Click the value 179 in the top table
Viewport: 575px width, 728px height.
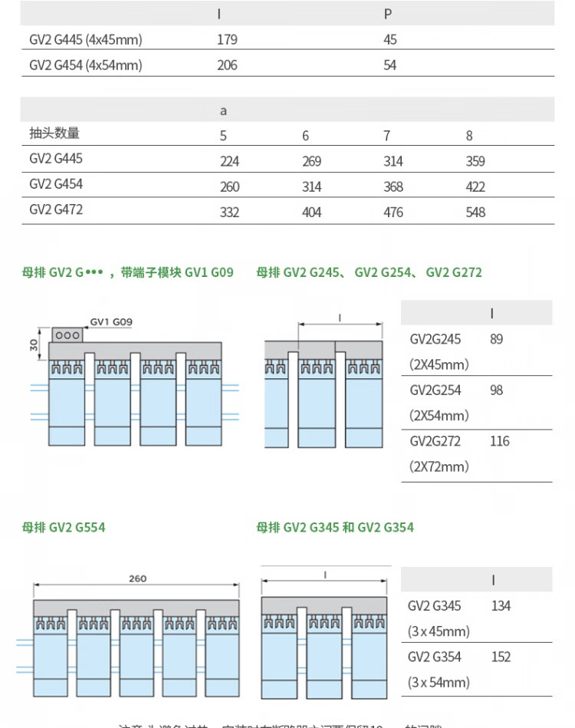tap(227, 40)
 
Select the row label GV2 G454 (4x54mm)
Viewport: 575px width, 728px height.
tap(86, 65)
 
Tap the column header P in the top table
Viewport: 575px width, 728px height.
tap(388, 14)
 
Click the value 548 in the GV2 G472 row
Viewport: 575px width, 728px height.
tap(475, 212)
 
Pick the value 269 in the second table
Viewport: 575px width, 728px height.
tap(311, 162)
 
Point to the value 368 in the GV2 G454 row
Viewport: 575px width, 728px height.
tap(393, 187)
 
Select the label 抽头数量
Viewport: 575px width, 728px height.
tap(54, 133)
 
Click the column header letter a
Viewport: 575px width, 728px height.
tap(223, 110)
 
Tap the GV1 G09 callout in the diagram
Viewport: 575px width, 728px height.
tap(111, 321)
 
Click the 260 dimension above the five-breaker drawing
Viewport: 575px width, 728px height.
tap(137, 579)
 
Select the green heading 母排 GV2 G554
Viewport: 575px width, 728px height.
tap(64, 527)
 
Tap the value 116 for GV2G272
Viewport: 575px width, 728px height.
tap(499, 441)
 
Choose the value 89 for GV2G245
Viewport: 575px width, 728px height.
tap(496, 339)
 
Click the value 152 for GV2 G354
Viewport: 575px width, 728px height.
tap(501, 657)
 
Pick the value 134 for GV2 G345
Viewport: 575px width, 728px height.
tap(501, 606)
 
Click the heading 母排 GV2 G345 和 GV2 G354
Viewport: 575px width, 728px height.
tap(335, 527)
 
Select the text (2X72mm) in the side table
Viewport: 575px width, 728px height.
tap(439, 466)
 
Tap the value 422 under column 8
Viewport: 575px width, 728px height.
tap(475, 187)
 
